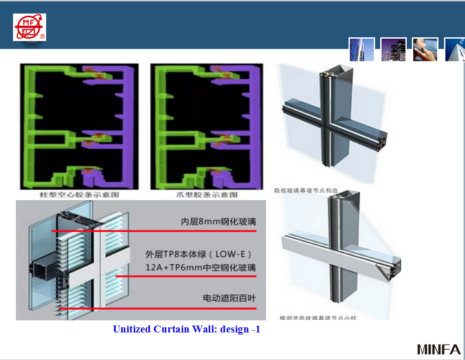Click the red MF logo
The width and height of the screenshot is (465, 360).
29,27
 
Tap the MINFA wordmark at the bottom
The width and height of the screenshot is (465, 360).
438,349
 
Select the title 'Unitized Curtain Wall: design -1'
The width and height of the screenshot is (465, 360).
186,329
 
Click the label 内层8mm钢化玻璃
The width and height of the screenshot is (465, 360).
219,222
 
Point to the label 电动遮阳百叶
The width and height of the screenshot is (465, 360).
229,298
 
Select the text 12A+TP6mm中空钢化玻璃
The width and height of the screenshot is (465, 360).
200,268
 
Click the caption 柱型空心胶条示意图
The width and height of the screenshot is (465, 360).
79,194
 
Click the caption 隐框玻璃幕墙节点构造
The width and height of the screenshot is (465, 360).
306,191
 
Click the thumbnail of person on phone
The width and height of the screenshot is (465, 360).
425,49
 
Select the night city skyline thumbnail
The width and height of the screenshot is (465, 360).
393,49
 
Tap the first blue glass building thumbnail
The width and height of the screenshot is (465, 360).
362,49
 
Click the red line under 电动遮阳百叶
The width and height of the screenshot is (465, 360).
158,308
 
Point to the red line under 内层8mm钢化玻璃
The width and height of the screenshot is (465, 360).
154,231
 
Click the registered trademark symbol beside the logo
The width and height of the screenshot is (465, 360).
42,36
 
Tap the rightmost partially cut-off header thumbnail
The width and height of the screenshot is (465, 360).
455,49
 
